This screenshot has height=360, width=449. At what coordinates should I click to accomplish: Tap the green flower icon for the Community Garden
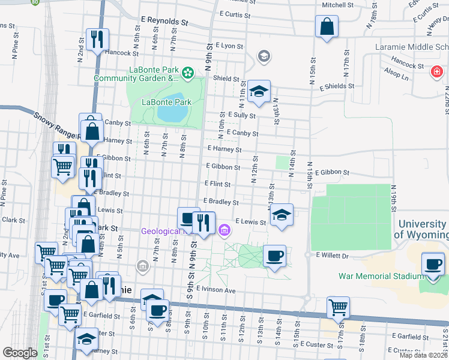click(188, 73)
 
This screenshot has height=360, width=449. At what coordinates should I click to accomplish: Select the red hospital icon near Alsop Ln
click(437, 73)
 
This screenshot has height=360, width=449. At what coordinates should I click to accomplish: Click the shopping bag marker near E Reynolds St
click(326, 26)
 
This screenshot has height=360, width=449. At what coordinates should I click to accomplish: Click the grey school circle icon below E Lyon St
click(263, 56)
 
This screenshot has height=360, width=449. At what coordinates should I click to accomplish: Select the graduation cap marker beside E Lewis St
click(281, 215)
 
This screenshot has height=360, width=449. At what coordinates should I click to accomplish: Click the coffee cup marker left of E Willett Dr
click(275, 256)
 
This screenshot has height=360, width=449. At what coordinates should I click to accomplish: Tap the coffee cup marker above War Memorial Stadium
click(433, 264)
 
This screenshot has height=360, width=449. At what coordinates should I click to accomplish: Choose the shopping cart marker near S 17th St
click(339, 308)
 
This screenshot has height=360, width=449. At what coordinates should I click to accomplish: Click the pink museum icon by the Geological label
click(224, 230)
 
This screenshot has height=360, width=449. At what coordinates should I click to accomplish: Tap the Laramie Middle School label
click(411, 47)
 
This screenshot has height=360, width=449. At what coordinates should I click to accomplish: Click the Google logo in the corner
click(20, 353)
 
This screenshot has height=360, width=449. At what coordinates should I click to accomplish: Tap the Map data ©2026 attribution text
click(423, 355)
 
